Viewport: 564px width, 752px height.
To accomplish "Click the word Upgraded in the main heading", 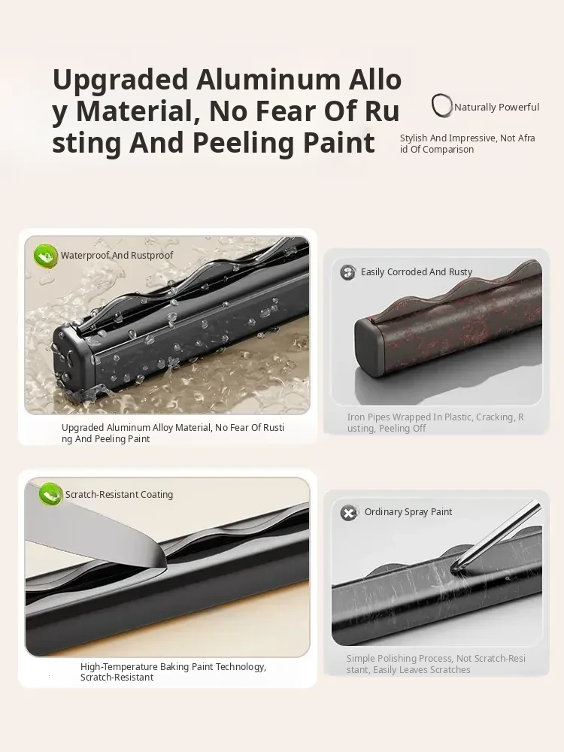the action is click(120, 80).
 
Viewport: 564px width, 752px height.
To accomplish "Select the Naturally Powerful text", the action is click(496, 107).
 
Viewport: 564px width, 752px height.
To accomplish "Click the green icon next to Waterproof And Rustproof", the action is click(46, 256).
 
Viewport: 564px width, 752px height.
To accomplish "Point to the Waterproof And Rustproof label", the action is click(117, 255).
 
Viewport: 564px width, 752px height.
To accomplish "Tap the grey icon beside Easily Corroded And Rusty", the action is click(348, 272).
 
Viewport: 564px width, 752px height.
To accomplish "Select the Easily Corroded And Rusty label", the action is click(417, 272).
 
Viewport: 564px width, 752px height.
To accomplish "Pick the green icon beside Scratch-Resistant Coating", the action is click(50, 494).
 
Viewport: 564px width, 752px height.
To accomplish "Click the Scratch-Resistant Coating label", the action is click(119, 495).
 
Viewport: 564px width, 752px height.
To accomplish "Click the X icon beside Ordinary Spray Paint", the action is click(349, 513).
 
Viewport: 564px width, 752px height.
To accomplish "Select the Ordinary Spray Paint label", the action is click(408, 511).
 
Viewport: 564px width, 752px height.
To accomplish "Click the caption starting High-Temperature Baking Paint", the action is click(173, 672).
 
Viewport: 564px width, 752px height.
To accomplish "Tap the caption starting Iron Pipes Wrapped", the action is click(435, 423).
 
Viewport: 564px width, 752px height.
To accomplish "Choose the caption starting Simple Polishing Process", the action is click(436, 664).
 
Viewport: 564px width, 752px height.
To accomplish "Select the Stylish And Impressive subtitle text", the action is click(468, 144).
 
